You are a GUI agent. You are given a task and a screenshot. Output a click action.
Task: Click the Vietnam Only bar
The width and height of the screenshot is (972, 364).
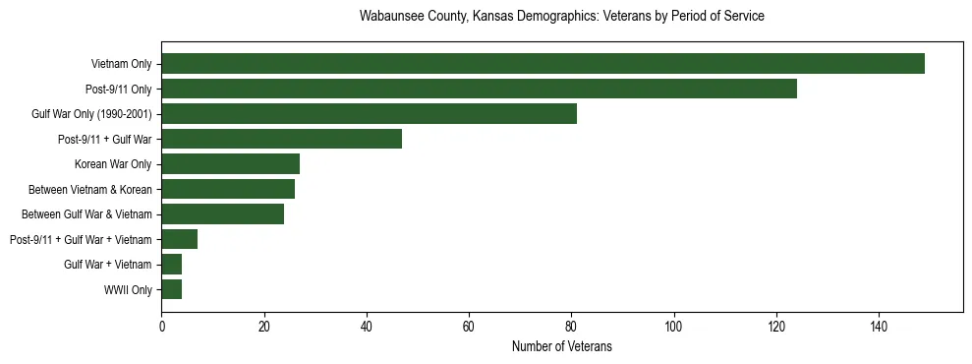(543, 64)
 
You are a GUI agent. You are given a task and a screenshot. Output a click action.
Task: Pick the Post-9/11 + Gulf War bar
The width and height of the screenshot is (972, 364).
(281, 139)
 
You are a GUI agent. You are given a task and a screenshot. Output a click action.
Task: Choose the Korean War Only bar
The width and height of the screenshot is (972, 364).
(230, 164)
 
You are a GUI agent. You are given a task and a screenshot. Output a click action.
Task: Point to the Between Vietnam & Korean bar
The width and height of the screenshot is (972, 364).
(228, 189)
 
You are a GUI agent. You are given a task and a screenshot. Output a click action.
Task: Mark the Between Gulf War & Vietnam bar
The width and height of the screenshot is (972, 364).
(222, 214)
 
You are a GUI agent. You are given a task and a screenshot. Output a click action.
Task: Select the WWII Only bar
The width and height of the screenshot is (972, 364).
(171, 289)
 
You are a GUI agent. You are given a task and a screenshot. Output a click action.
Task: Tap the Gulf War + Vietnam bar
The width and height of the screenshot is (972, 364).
(171, 265)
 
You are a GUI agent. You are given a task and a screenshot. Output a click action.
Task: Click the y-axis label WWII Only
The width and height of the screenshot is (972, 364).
(128, 290)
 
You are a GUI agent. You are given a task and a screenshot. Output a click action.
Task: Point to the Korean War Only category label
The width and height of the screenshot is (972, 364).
(113, 164)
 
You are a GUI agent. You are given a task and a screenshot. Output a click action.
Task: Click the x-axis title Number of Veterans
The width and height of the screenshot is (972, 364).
(561, 346)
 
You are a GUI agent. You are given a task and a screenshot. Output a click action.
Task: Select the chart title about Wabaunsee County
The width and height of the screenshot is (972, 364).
(561, 17)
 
